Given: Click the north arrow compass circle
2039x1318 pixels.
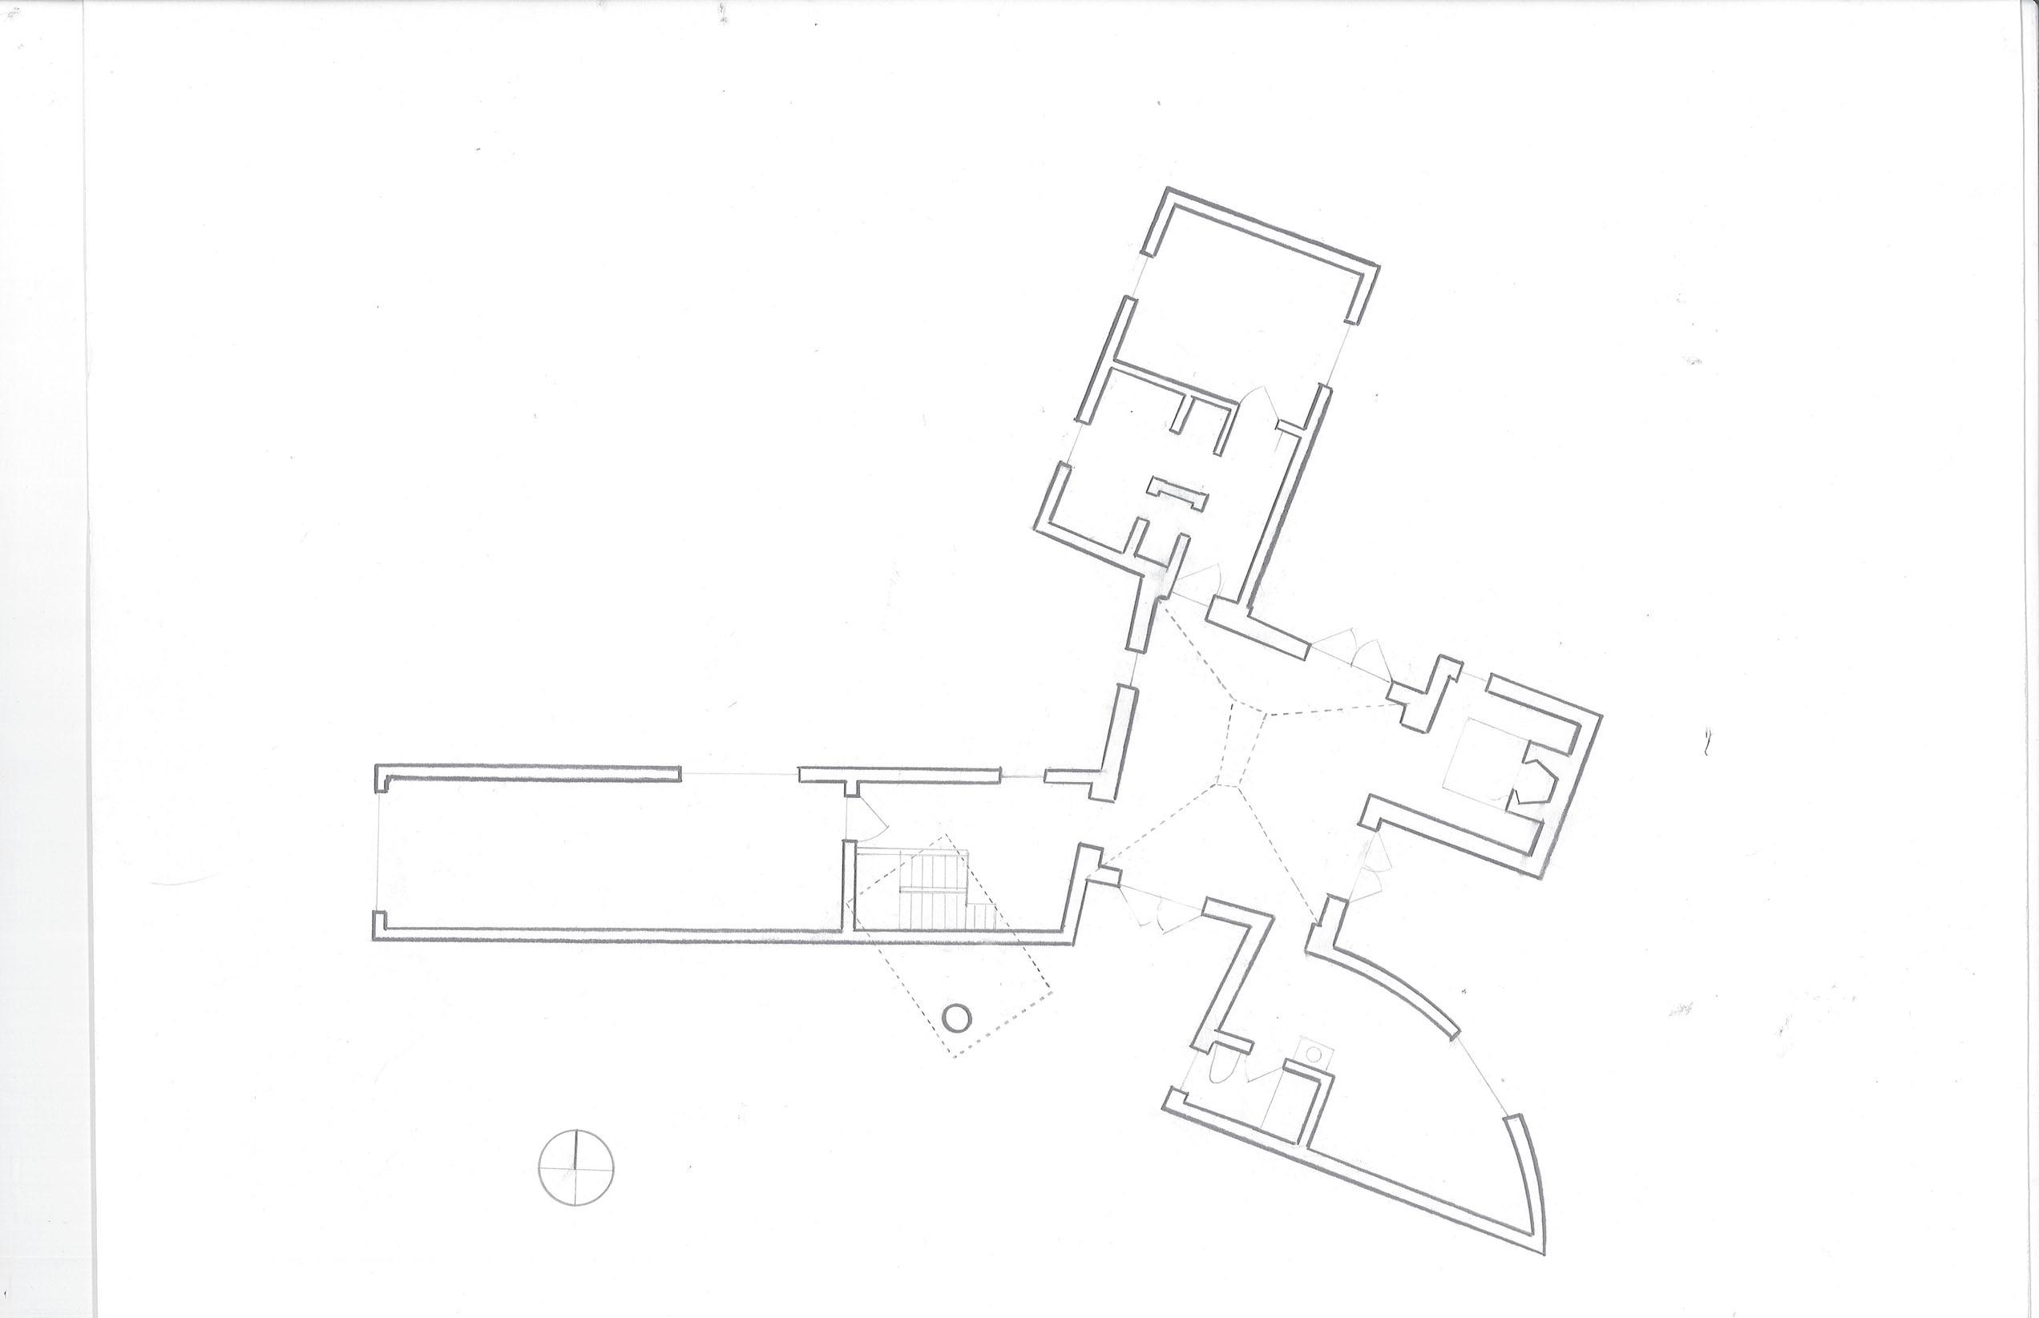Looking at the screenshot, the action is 577,1170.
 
